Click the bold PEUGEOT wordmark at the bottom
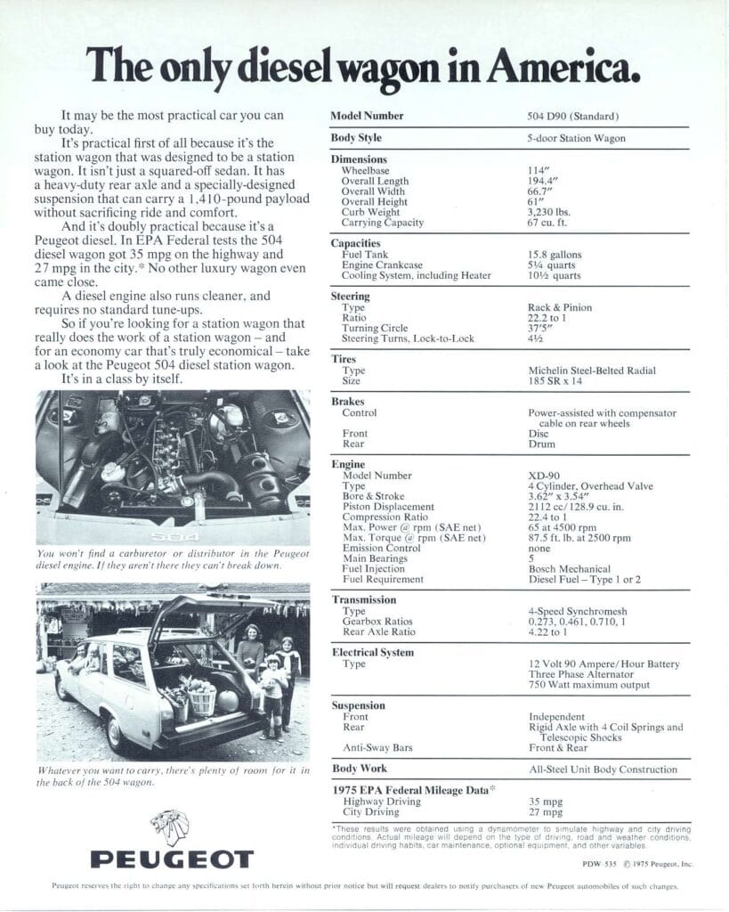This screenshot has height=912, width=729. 172,859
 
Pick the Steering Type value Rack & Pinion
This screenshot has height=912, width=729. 559,307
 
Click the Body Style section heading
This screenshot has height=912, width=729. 356,138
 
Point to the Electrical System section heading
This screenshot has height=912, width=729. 372,653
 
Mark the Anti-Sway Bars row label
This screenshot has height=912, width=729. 377,747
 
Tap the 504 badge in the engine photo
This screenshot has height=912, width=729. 169,537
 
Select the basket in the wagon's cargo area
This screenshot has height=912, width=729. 203,700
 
